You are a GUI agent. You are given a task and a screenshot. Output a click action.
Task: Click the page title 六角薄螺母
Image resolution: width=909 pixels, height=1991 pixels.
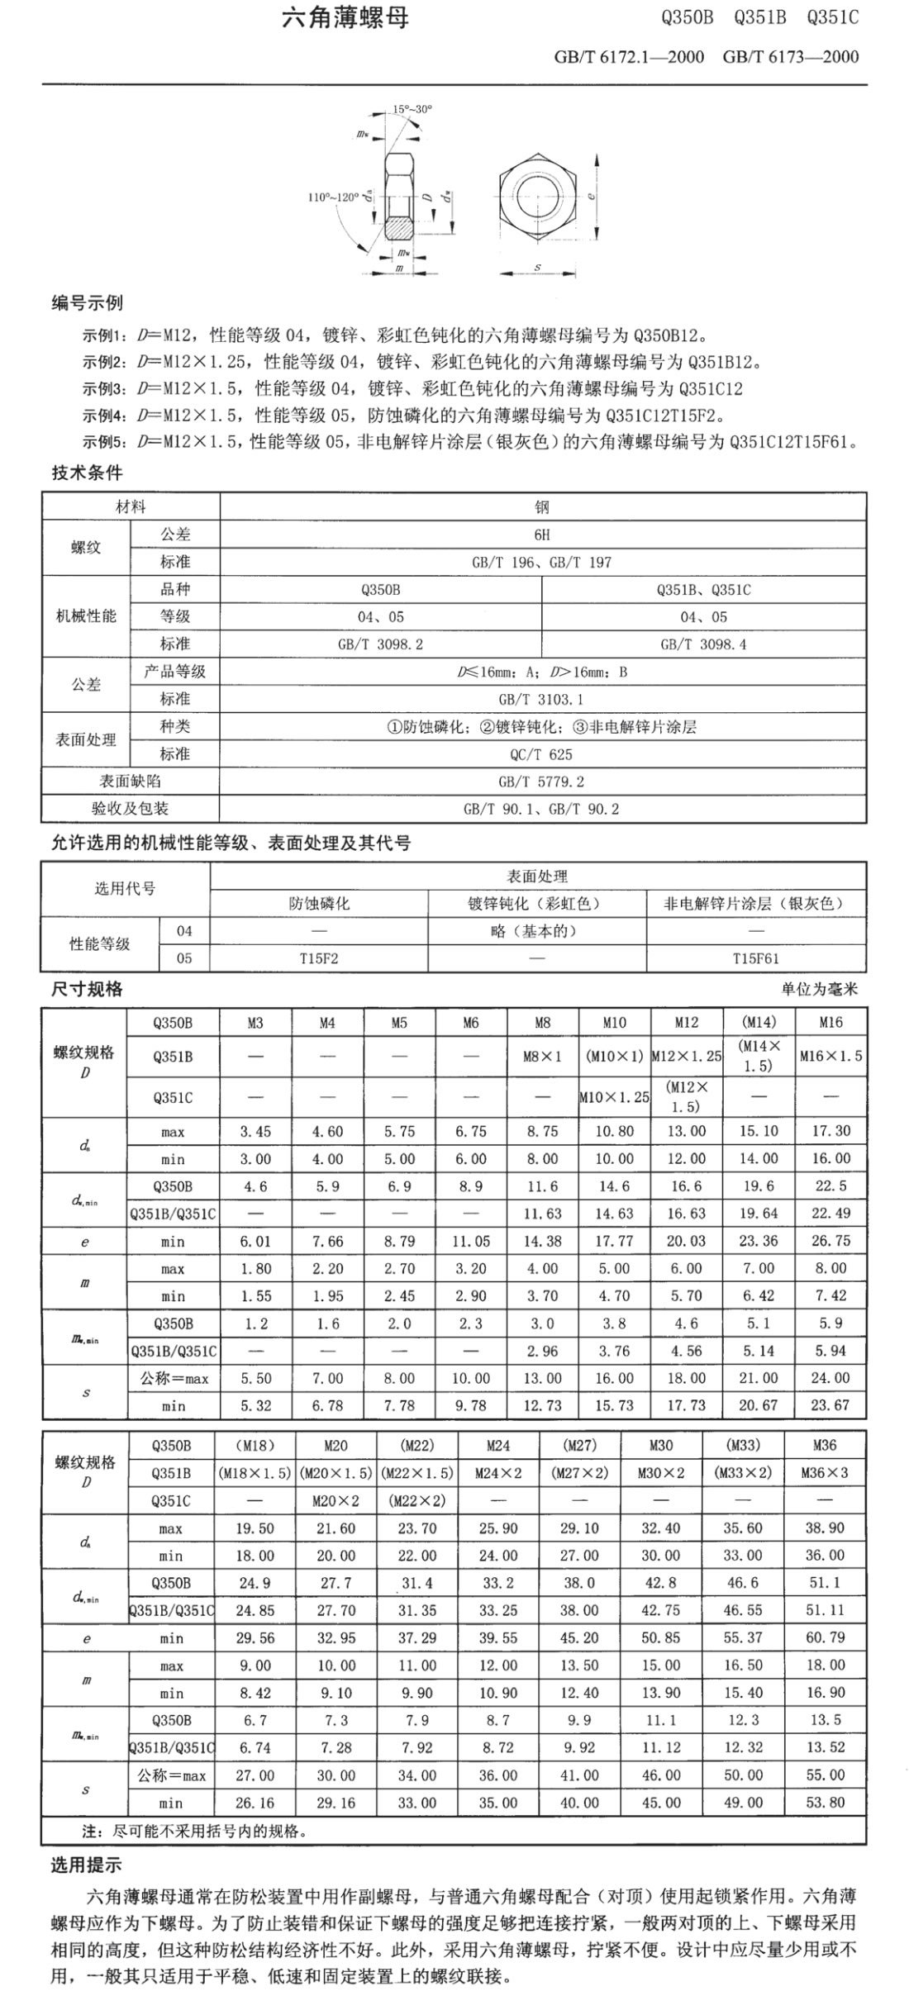pyautogui.click(x=345, y=18)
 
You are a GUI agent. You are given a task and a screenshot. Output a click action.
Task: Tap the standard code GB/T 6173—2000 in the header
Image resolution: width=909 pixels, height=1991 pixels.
pyautogui.click(x=790, y=57)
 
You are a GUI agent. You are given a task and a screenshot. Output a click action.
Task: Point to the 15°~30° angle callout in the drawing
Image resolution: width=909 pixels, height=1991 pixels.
pyautogui.click(x=412, y=108)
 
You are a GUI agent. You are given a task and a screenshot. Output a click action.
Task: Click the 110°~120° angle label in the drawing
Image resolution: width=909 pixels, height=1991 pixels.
pyautogui.click(x=333, y=197)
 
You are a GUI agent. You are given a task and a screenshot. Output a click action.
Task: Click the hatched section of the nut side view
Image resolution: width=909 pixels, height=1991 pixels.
pyautogui.click(x=402, y=225)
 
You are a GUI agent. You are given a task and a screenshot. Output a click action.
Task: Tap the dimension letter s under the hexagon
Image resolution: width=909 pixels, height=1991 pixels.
pyautogui.click(x=538, y=268)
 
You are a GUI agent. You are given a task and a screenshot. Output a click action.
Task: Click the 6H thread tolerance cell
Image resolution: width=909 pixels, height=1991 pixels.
pyautogui.click(x=542, y=535)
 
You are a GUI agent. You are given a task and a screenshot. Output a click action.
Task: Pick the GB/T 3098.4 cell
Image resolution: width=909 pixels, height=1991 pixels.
pyautogui.click(x=703, y=644)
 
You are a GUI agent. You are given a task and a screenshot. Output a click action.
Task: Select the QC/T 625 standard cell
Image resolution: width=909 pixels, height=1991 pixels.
pyautogui.click(x=542, y=754)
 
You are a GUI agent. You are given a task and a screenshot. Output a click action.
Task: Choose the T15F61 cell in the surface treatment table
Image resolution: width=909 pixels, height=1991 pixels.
pyautogui.click(x=755, y=958)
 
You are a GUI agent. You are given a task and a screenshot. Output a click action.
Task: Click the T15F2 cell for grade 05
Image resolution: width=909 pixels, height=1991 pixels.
pyautogui.click(x=319, y=958)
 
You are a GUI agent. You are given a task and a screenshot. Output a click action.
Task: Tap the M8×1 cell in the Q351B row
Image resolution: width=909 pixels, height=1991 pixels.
pyautogui.click(x=542, y=1057)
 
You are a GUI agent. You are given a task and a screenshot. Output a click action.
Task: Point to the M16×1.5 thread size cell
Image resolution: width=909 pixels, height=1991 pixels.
pyautogui.click(x=830, y=1057)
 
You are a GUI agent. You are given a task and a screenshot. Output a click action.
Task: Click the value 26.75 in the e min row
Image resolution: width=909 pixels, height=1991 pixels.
pyautogui.click(x=830, y=1241)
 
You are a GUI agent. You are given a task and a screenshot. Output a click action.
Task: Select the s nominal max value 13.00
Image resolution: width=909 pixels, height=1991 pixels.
pyautogui.click(x=542, y=1378)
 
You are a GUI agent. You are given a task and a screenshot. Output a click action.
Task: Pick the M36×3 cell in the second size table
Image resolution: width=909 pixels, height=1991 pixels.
pyautogui.click(x=825, y=1472)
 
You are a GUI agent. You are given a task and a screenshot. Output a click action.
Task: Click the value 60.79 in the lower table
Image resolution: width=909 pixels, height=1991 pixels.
pyautogui.click(x=825, y=1637)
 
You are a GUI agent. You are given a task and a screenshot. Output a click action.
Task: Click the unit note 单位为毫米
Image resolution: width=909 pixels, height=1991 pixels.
pyautogui.click(x=819, y=989)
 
